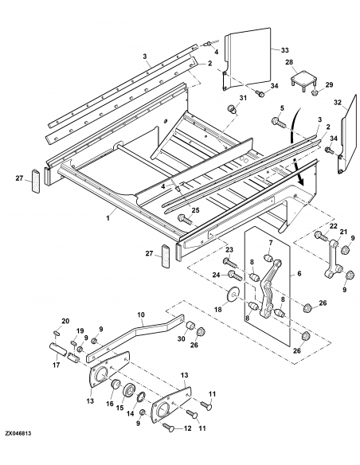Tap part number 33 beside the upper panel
(x=284, y=50)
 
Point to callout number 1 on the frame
(x=108, y=218)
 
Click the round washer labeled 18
(x=234, y=295)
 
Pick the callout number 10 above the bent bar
(x=141, y=315)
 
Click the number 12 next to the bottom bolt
(x=187, y=428)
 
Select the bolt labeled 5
(x=277, y=123)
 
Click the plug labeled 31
(x=232, y=108)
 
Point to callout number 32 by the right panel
(x=338, y=102)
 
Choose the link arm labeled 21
(x=333, y=260)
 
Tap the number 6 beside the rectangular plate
(x=299, y=273)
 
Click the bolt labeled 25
(x=184, y=220)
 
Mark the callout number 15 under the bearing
(x=119, y=408)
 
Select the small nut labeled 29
(x=315, y=93)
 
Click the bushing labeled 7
(x=268, y=258)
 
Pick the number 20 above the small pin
(x=65, y=321)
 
